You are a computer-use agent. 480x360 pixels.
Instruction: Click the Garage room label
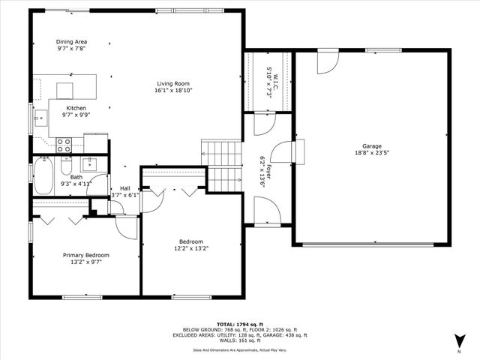371,146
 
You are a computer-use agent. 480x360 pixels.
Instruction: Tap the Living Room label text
174,83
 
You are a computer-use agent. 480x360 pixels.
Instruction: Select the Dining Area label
73,42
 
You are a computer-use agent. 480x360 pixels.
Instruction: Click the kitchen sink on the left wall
42,115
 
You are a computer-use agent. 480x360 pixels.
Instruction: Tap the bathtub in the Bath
43,177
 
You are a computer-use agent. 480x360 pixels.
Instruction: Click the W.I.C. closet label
270,75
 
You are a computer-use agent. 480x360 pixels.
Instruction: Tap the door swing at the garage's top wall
326,63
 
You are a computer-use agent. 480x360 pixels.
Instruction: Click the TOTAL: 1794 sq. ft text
239,323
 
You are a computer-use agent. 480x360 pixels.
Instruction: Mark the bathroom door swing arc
97,186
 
